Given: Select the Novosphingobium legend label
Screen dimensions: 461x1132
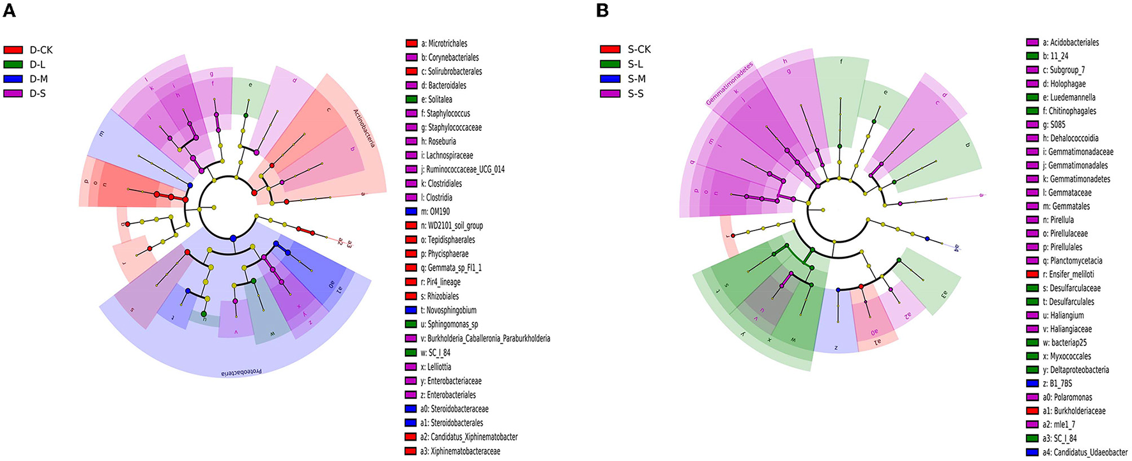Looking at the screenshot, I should [x=452, y=310].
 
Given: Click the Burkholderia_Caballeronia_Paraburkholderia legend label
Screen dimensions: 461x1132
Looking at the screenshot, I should [x=489, y=338].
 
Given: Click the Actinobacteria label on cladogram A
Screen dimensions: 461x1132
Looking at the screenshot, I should [x=363, y=128].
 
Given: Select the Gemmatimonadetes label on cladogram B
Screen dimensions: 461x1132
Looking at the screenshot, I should [x=730, y=83].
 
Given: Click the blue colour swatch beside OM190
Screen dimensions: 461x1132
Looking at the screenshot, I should [x=411, y=212].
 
